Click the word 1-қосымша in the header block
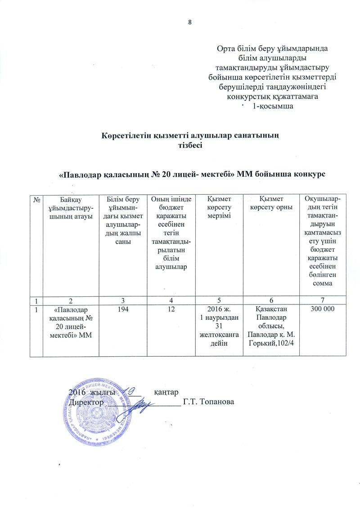point(272,107)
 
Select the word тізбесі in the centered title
point(191,144)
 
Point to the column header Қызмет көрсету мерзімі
point(219,207)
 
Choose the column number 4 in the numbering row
point(170,300)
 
